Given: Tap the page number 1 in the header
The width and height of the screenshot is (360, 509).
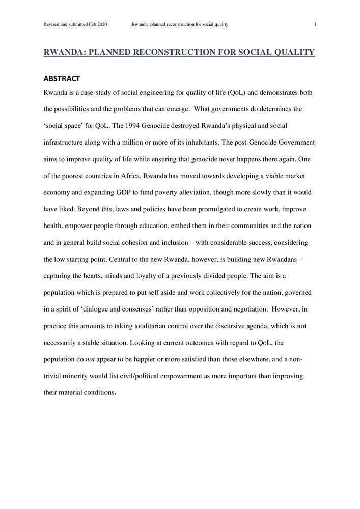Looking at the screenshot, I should click(x=315, y=24).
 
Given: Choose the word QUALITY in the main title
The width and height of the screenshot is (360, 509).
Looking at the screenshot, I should click(x=293, y=52).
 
